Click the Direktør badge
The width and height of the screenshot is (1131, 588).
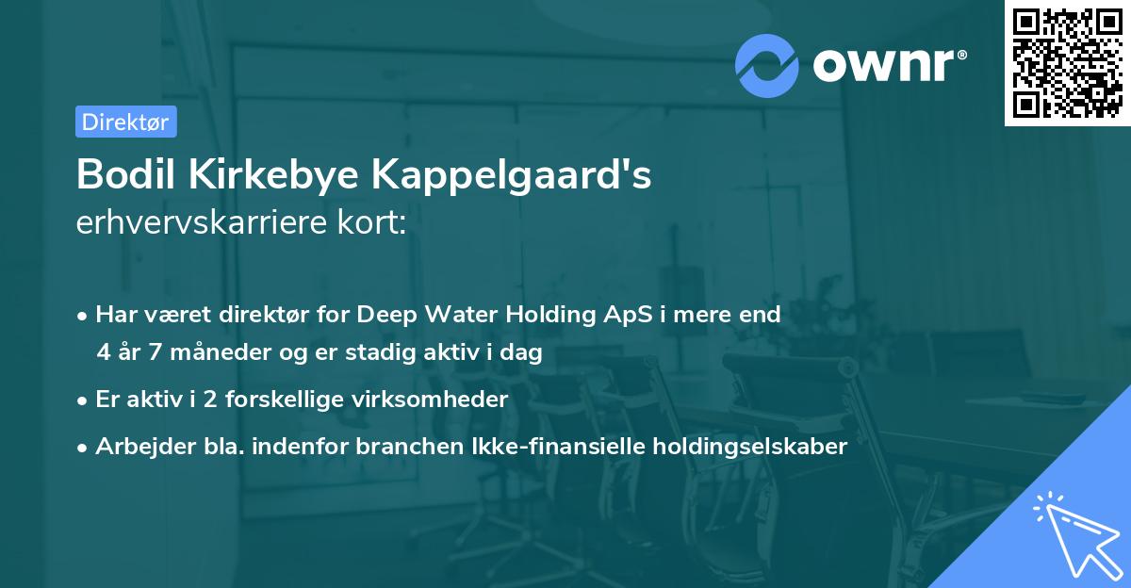coord(125,122)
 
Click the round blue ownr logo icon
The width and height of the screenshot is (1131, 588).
coord(766,66)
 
